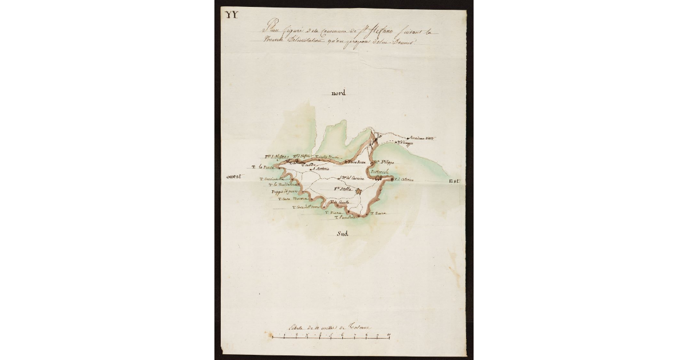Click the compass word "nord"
340,93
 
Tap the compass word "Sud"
343,233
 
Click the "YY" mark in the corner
232,14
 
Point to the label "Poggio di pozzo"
282,192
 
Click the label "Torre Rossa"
355,162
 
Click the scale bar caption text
333,327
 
